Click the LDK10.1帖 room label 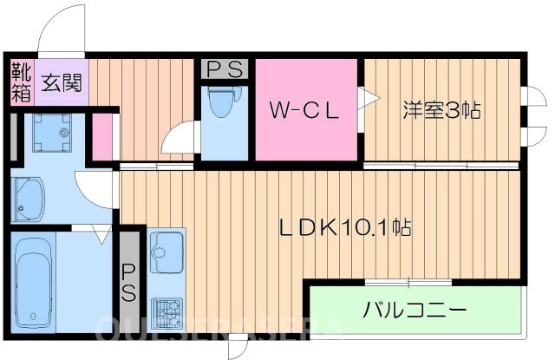[344, 228]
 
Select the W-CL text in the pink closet [302, 111]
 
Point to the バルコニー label [415, 310]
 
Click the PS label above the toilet [225, 69]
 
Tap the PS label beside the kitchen [128, 282]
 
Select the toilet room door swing [180, 138]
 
